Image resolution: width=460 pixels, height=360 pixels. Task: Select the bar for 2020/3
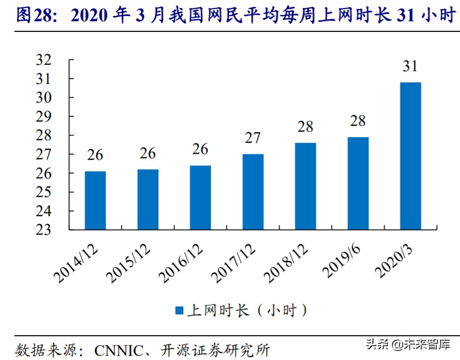click(410, 156)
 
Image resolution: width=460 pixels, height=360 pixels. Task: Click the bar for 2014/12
click(95, 200)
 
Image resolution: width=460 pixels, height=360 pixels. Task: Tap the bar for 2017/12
click(252, 192)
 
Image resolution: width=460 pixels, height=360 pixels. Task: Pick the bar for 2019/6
click(357, 183)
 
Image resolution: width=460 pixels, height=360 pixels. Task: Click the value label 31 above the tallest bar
click(410, 67)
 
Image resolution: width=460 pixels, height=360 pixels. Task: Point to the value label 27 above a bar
click(252, 138)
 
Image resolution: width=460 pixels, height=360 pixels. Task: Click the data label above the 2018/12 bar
click(305, 127)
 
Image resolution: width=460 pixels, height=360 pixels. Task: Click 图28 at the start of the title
click(31, 16)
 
